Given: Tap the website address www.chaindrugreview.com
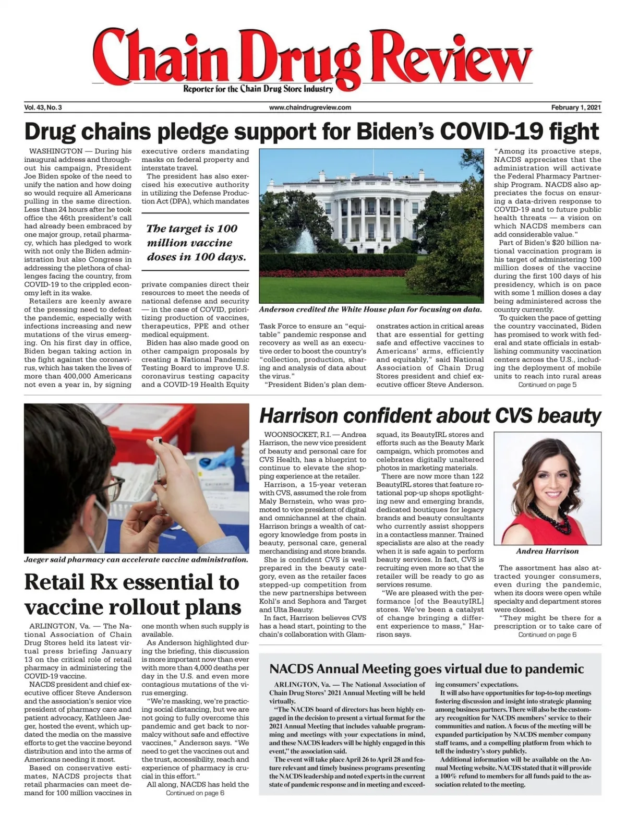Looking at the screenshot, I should pos(310,107).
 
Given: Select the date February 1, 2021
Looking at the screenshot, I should pos(576,107).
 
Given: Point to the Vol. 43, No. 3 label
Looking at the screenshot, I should pos(43,107).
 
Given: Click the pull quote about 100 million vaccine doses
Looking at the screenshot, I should pos(196,243).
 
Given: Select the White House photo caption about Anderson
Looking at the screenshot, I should pos(370,309).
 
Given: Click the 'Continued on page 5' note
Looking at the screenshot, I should pos(547,385).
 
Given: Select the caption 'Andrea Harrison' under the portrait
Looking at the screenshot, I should pos(547,551).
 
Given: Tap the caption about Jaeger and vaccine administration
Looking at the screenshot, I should pos(136,560).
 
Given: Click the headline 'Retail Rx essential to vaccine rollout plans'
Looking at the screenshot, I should pos(133,595).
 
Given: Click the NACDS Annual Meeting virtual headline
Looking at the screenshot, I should pos(426,669).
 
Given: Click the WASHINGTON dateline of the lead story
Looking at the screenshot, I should pos(52,151).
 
